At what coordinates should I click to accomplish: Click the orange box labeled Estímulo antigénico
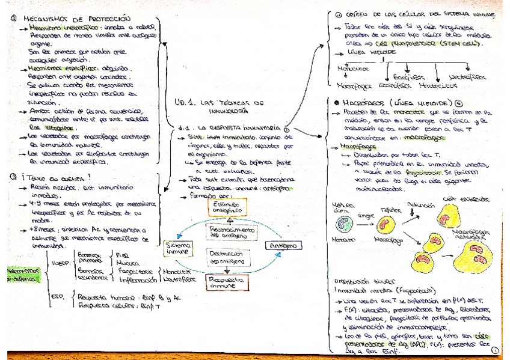223,208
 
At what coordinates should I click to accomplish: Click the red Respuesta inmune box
223,282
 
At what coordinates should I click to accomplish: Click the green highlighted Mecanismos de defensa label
21,274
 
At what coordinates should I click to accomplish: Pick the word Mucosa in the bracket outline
126,263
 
